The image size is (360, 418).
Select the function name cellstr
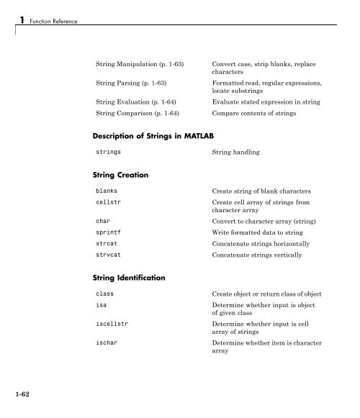pos(110,204)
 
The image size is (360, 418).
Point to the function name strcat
pos(107,245)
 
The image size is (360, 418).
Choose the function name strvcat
pos(110,255)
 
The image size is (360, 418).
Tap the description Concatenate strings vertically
pos(263,255)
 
